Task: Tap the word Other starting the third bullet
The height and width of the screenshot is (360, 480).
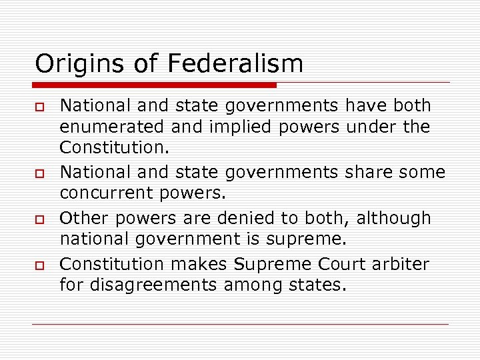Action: coord(79,219)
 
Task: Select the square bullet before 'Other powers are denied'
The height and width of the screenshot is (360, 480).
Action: coord(40,219)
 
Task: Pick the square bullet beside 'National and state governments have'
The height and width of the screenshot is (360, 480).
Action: coord(40,107)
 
